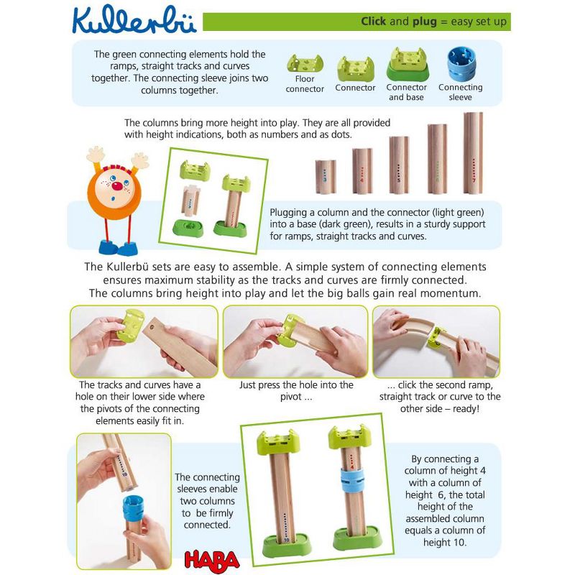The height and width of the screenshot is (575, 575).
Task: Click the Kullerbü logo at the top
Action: pyautogui.click(x=134, y=20)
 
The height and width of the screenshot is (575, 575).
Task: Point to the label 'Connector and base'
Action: pyautogui.click(x=407, y=92)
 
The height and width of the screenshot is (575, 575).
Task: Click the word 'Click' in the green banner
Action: pyautogui.click(x=374, y=22)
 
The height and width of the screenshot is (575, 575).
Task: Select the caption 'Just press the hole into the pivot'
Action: pyautogui.click(x=295, y=392)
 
